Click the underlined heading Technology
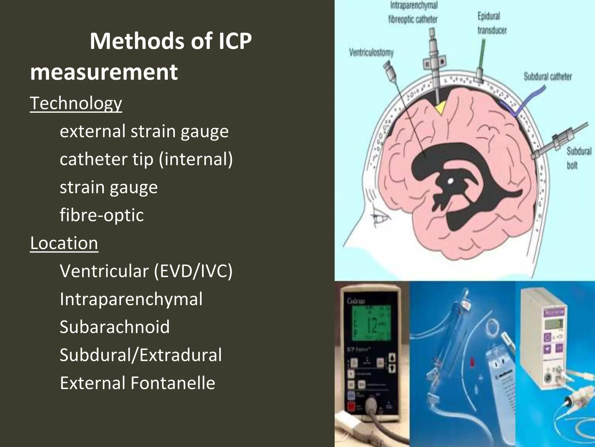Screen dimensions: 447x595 [76, 103]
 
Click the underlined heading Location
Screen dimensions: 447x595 [64, 243]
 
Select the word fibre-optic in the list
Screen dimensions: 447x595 [102, 215]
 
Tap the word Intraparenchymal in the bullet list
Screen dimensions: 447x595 [131, 299]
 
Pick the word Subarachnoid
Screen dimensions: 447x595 [114, 327]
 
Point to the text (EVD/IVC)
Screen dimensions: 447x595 [193, 271]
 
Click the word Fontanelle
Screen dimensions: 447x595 [173, 383]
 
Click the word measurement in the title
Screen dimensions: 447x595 [104, 72]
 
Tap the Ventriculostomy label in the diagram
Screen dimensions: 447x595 [371, 53]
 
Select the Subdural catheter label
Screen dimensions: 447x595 [548, 77]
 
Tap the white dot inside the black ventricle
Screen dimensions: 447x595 [450, 181]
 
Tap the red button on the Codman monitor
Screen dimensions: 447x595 [352, 406]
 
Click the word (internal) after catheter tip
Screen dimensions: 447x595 [196, 159]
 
